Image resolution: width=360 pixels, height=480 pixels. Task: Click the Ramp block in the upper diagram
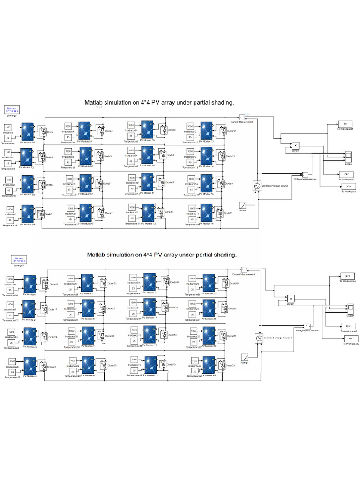(243, 205)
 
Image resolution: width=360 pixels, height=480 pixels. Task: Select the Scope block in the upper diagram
(348, 155)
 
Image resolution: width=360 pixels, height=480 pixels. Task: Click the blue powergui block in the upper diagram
(12, 109)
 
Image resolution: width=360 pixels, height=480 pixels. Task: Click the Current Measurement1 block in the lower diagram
(244, 269)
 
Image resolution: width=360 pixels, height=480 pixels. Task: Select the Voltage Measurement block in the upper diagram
(305, 174)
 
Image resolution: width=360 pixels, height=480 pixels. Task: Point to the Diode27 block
(102, 309)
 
